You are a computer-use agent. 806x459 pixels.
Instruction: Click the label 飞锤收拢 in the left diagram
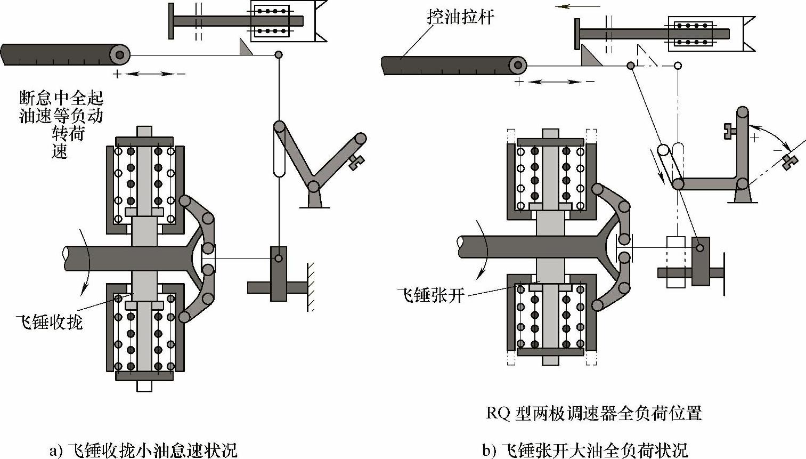[50, 321]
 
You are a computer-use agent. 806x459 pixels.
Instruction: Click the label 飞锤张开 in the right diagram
[431, 294]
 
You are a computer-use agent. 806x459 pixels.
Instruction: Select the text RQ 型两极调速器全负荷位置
[593, 413]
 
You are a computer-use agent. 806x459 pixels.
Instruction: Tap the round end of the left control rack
[119, 54]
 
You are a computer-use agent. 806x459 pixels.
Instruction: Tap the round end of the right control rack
[517, 66]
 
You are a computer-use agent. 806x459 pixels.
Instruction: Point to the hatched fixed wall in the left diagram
[310, 287]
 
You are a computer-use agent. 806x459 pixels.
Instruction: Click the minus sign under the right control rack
[589, 82]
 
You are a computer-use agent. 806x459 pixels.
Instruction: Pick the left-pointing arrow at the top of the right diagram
[577, 6]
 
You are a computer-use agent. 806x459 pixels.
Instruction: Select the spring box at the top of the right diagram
[693, 33]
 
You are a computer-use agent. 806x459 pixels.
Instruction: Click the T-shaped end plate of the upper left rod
[171, 21]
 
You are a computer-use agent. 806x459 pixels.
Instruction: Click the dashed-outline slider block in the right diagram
[675, 262]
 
